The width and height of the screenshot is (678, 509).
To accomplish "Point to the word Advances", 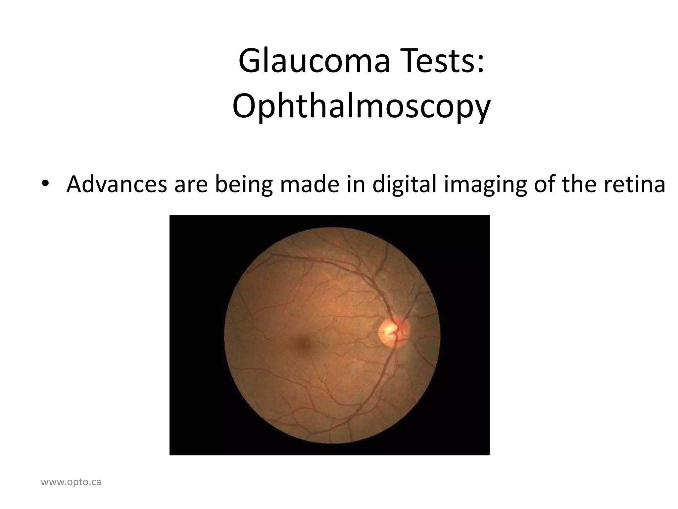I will [117, 184].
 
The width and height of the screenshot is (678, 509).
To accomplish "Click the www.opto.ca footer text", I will [71, 482].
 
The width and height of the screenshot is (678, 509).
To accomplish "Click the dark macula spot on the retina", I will [303, 343].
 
